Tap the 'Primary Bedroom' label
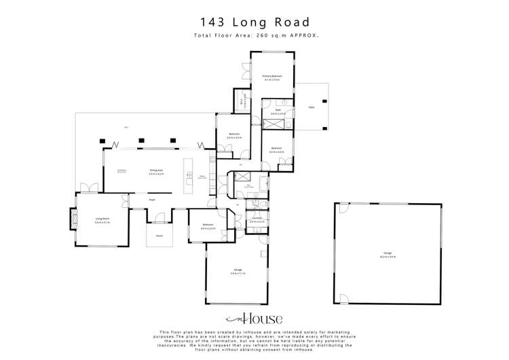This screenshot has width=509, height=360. [272, 77]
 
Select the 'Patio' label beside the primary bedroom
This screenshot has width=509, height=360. [312, 107]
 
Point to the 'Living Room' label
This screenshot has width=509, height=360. [102, 219]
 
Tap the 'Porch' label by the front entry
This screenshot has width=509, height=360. [159, 236]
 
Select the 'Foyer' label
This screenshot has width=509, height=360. [152, 200]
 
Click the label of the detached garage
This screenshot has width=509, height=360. [388, 255]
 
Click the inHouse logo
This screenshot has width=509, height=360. [254, 319]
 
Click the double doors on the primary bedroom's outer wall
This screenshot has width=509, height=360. [243, 70]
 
